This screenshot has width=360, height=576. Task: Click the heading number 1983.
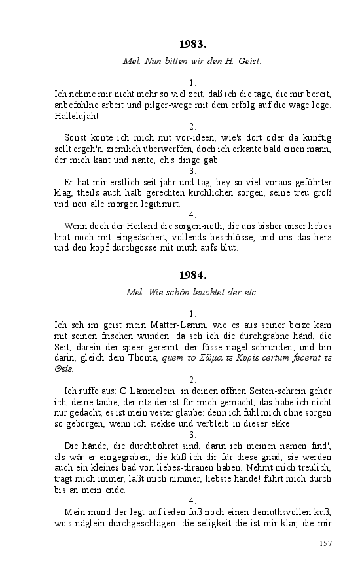coord(192,45)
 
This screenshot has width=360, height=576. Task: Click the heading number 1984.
coord(192,276)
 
